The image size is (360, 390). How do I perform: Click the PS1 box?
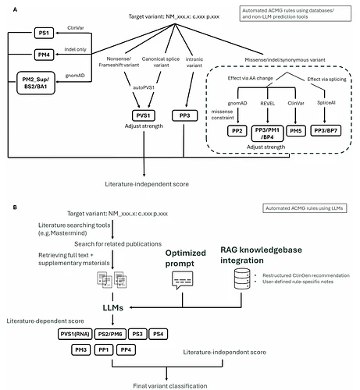44,33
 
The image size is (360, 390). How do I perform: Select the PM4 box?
44,55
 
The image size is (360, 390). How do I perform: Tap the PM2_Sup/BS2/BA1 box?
36,83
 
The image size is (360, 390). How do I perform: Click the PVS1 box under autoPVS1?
144,115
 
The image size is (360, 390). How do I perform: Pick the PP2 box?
237,131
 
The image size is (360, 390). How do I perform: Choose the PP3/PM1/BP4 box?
267,133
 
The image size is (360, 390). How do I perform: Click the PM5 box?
296,131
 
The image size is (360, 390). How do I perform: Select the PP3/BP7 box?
326,131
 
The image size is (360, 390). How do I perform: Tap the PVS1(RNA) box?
75,334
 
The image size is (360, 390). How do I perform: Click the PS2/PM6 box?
110,334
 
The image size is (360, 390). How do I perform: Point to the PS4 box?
158,334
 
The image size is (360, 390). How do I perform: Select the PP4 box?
126,349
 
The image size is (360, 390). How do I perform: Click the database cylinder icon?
242,278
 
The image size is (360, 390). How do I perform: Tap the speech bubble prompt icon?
183,280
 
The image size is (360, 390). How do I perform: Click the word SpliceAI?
326,103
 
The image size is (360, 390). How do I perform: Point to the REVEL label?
268,104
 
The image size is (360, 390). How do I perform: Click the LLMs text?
113,308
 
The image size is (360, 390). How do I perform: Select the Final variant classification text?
170,386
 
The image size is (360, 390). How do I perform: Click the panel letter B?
15,207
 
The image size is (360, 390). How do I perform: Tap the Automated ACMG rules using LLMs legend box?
305,208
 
